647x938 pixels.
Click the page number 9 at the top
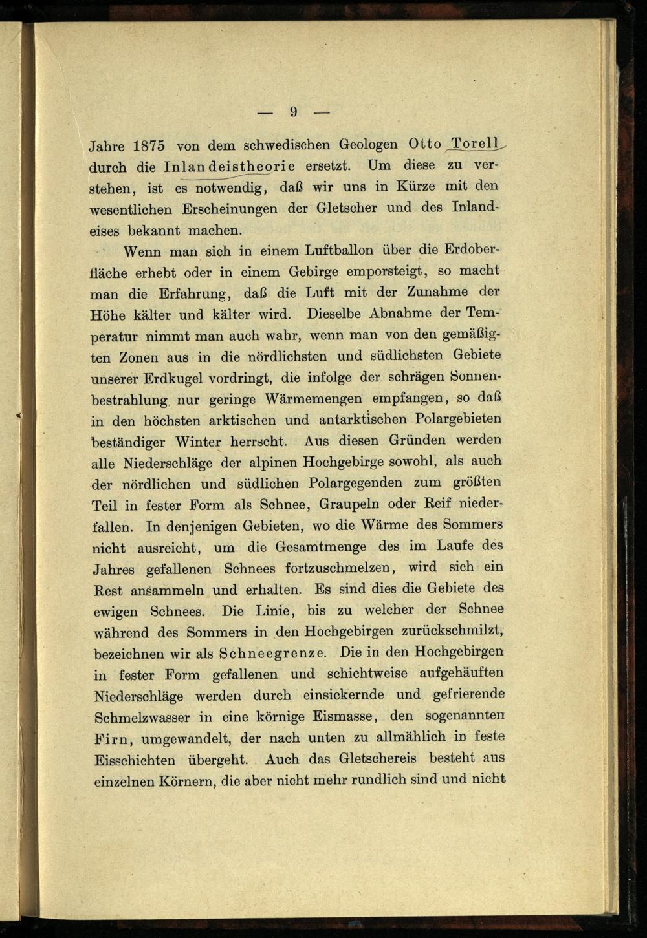[x=293, y=112]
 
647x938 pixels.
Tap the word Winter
[x=198, y=443]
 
